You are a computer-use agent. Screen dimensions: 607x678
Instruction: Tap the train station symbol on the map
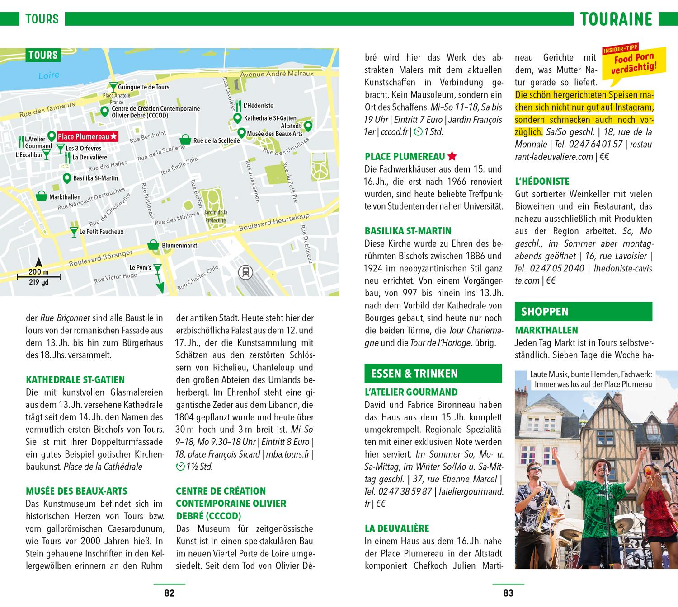(245, 272)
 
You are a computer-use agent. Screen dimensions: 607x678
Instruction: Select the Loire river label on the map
(49, 75)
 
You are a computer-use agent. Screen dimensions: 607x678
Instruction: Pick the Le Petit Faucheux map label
(101, 232)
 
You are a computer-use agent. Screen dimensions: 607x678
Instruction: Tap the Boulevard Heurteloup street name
(274, 221)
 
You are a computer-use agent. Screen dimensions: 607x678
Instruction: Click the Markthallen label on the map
(65, 197)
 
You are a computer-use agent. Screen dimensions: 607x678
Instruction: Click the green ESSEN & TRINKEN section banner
(433, 374)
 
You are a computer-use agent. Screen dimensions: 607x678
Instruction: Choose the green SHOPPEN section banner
(583, 312)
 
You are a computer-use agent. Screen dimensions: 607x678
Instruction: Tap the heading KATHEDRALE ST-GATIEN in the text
(75, 380)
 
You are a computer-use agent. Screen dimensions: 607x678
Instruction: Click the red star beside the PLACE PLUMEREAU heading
(452, 157)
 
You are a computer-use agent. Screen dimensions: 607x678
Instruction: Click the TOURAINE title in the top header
(616, 19)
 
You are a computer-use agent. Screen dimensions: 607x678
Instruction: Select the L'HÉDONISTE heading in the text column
(542, 182)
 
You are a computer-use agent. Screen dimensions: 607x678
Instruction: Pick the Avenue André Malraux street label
(277, 73)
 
